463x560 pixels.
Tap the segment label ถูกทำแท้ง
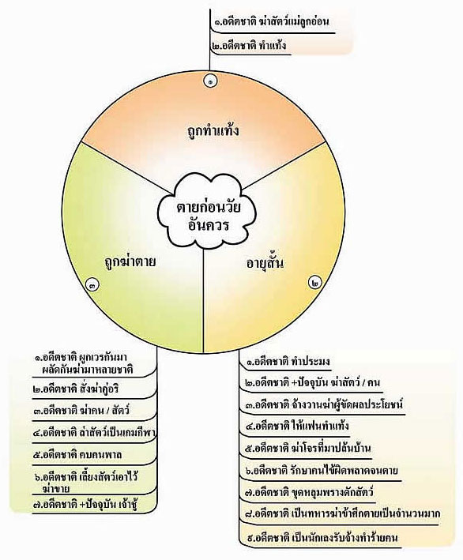coord(213,130)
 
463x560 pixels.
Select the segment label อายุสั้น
coord(265,263)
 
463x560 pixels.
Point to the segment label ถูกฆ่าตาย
coord(130,261)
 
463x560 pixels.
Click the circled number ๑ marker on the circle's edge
coord(211,81)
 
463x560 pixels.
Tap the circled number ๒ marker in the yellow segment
coord(314,283)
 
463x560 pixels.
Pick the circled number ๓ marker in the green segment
coord(92,284)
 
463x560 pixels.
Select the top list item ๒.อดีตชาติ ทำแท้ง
coord(249,46)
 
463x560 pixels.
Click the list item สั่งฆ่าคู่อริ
coord(75,389)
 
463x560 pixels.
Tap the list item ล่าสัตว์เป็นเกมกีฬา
coord(93,433)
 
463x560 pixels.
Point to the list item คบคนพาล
coord(77,455)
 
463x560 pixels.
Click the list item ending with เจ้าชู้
coord(85,504)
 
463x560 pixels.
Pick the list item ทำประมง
coord(288,361)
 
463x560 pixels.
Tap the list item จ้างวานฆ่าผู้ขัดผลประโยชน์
coord(324,404)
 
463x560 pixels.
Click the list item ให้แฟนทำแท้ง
coord(297,426)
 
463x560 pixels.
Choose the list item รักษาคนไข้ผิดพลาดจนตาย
coord(322,470)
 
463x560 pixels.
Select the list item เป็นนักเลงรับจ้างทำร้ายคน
coord(322,537)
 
